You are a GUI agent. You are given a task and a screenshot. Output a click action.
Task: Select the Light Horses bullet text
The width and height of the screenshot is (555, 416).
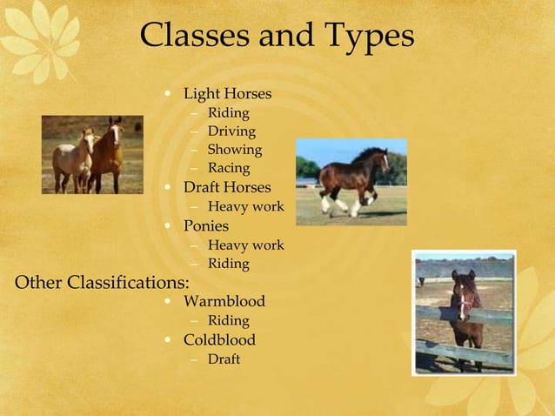[227, 93]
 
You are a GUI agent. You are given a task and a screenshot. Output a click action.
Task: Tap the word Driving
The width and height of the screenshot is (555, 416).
[231, 131]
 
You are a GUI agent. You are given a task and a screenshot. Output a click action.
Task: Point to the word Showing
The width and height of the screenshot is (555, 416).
[234, 150]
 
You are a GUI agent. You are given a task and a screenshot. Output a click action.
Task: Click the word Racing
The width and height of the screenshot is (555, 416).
[228, 168]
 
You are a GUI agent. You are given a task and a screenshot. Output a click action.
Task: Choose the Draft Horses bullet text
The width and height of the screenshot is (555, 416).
[227, 187]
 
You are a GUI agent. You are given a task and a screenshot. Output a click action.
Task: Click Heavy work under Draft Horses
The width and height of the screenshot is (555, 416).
[245, 207]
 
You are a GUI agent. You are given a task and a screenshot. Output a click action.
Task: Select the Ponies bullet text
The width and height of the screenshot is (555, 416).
[206, 226]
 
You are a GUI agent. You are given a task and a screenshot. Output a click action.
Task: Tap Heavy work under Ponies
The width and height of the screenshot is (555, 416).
[245, 245]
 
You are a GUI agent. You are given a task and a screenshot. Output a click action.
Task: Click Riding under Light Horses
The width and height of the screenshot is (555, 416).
[228, 113]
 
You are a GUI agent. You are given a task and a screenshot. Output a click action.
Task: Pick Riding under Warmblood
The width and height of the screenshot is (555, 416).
[228, 321]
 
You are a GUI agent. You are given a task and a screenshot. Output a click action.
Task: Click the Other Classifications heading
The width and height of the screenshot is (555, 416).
[103, 282]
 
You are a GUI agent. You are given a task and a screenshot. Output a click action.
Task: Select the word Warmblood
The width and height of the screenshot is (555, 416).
[224, 302]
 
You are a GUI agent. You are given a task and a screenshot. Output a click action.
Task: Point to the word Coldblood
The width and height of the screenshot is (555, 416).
[219, 339]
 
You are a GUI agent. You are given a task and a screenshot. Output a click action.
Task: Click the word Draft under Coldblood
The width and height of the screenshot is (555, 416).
[224, 359]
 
